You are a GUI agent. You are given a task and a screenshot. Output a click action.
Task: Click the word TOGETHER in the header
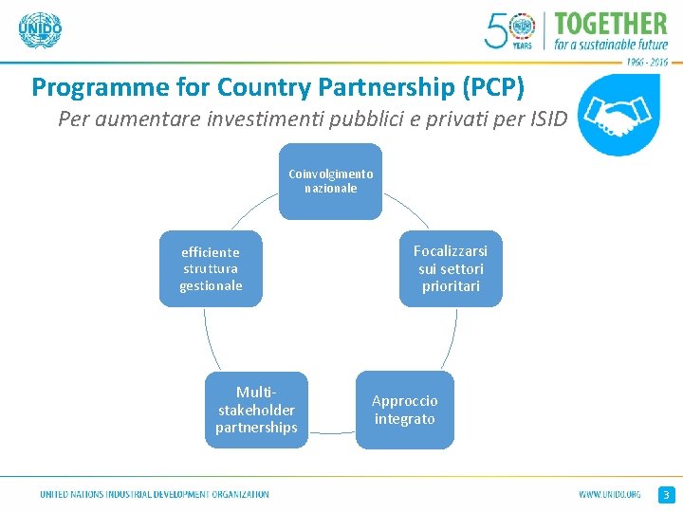coord(610,23)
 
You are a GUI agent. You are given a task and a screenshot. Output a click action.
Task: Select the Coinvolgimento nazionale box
coord(331,181)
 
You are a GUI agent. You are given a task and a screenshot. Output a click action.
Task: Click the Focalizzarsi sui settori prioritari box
coord(451,268)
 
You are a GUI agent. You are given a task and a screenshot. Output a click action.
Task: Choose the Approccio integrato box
coord(404,410)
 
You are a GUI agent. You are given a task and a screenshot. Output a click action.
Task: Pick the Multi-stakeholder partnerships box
coord(256,410)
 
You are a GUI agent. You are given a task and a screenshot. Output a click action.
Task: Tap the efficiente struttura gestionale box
coord(211,268)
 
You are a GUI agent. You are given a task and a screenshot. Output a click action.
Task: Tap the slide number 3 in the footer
coord(666,495)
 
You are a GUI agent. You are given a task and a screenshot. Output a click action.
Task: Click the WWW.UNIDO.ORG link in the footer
coord(610,495)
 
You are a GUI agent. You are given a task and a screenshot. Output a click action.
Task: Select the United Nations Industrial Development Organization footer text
coord(155,495)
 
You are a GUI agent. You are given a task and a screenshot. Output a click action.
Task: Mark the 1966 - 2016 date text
coord(646,61)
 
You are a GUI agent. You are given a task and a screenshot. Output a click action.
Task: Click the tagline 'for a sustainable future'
coord(612,44)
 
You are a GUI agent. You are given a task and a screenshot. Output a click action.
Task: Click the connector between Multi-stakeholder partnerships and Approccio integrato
coord(332,433)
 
